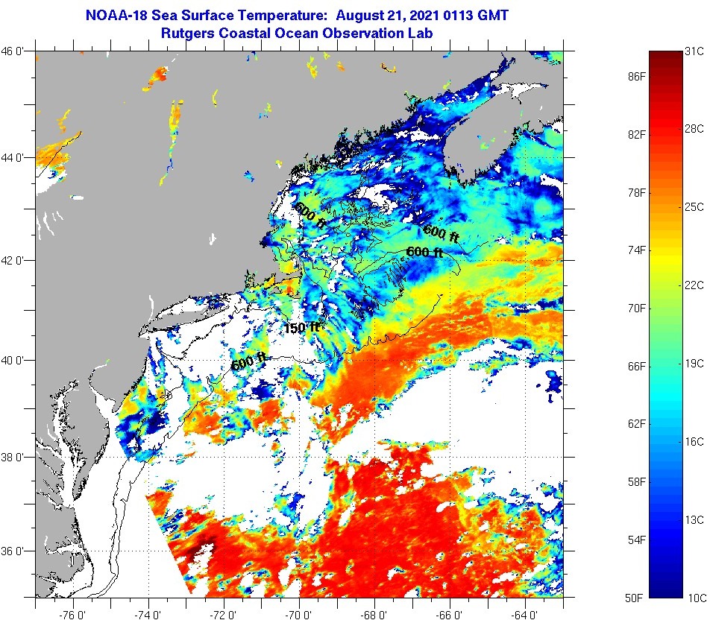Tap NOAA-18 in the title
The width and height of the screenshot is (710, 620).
(x=118, y=15)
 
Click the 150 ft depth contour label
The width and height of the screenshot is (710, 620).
(x=301, y=328)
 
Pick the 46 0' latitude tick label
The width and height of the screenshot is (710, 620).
(x=16, y=51)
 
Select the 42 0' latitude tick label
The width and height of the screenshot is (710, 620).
(x=16, y=260)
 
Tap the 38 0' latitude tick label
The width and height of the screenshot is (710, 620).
(x=16, y=457)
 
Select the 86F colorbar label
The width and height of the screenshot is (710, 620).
(x=636, y=77)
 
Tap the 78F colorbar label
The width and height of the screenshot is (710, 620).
(x=636, y=192)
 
